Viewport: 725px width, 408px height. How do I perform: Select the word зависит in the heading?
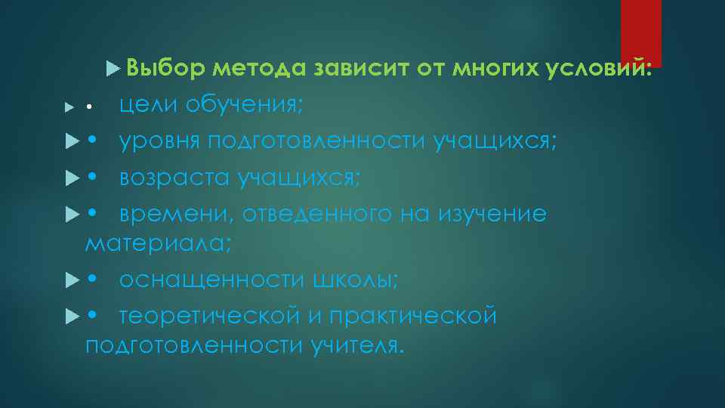[360, 70]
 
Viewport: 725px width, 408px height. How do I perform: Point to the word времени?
[173, 214]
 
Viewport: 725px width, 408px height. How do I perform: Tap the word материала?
[158, 244]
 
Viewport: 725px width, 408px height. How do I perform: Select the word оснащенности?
[210, 280]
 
